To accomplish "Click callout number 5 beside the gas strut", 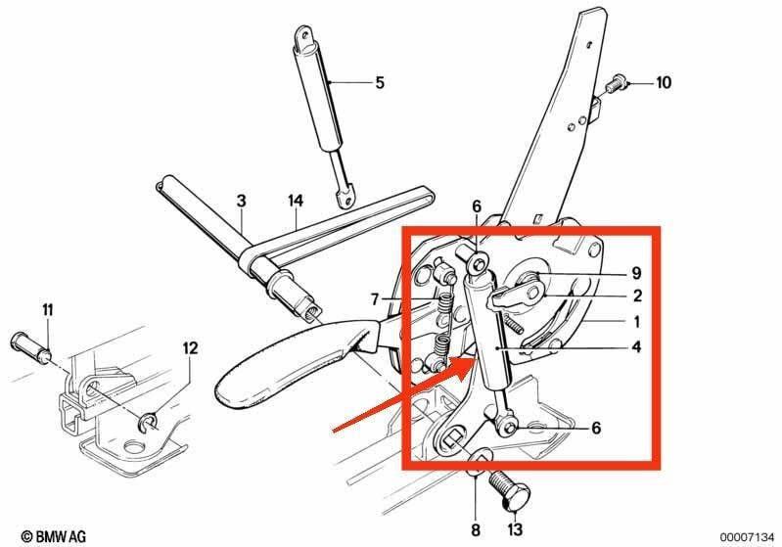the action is (x=380, y=82).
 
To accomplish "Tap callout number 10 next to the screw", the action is (x=663, y=82).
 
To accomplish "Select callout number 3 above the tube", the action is (x=242, y=201).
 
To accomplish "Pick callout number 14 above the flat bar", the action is (x=296, y=201).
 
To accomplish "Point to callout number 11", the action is (x=47, y=310).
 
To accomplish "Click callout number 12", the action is (x=190, y=347).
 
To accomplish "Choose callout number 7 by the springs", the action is (x=375, y=299).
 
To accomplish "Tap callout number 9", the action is (x=636, y=273).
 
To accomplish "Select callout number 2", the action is (x=637, y=296).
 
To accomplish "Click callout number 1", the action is (x=636, y=322).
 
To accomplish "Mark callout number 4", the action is (x=636, y=346).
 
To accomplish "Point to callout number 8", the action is (x=476, y=529).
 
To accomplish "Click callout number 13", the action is (x=514, y=529).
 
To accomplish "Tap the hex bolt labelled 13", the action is (x=505, y=491).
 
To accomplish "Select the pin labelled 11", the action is (x=31, y=345).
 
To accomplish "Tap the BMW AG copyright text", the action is (x=54, y=536).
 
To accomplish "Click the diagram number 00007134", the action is (x=747, y=537).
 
